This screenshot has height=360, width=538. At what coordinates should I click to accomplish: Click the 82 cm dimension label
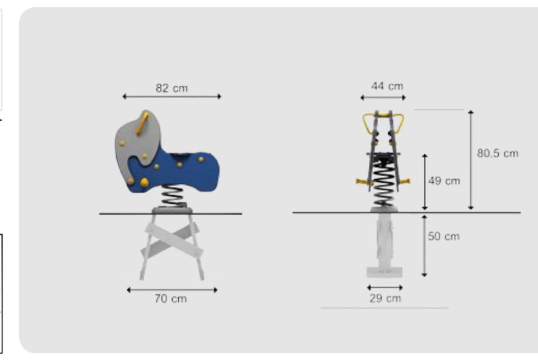click(x=172, y=88)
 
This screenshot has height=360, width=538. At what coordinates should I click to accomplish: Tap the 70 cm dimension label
click(x=170, y=298)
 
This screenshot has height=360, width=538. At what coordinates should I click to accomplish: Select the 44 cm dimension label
click(x=387, y=86)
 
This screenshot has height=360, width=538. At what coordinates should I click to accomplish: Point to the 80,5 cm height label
click(x=498, y=153)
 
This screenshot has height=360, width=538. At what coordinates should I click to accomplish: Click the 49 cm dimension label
click(x=444, y=181)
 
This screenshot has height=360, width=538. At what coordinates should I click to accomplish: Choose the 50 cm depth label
click(x=444, y=236)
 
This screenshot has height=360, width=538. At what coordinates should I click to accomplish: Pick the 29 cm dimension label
click(x=385, y=298)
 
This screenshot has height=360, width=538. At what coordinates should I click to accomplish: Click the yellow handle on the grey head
click(x=142, y=124)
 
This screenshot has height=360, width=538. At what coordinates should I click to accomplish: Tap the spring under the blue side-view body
click(x=174, y=195)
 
